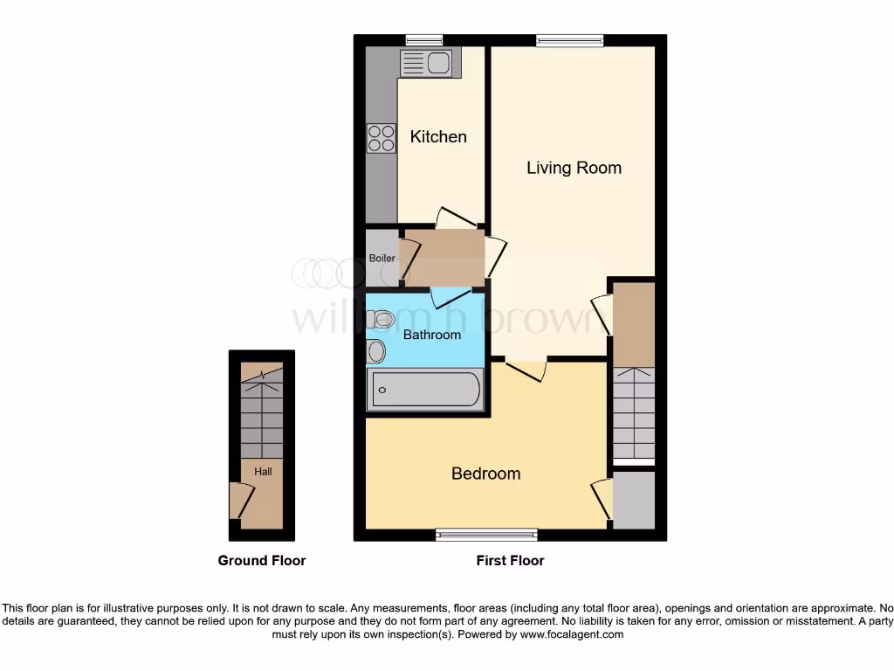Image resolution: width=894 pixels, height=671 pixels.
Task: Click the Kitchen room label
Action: coord(438,136)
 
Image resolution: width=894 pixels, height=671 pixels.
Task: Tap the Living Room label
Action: coord(574,168)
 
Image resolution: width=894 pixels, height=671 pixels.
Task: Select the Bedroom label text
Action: coord(485,474)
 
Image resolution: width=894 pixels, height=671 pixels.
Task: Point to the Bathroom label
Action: coord(431,335)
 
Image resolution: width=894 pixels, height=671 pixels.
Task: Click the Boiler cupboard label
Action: coord(382,259)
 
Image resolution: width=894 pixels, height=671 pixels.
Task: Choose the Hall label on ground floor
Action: coord(263,472)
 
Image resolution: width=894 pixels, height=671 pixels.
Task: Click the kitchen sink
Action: coord(426,63)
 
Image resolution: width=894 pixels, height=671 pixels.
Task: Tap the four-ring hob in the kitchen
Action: coord(381,138)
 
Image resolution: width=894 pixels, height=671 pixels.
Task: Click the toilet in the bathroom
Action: coord(380,321)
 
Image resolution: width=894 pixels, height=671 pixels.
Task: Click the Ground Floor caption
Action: coord(262,561)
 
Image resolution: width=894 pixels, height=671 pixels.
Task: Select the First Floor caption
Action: coord(510,561)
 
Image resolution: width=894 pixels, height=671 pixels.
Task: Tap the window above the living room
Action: coord(569,39)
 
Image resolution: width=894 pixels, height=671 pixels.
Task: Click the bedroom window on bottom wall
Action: coord(487,535)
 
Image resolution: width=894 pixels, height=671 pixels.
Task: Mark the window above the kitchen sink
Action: coord(424,39)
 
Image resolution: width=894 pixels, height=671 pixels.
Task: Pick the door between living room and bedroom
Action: coord(526,368)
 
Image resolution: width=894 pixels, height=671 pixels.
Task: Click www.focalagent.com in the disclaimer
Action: coord(572,635)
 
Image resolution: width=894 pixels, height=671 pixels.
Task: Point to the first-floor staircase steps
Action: coord(633,411)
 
